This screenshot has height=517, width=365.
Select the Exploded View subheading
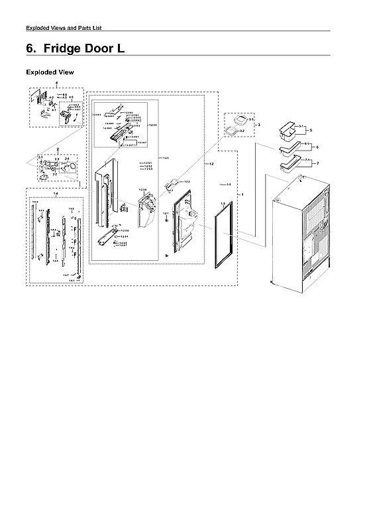[50, 72]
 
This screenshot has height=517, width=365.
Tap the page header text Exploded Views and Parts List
[63, 27]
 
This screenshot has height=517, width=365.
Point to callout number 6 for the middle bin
[317, 147]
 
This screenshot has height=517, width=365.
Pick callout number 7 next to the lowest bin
[317, 163]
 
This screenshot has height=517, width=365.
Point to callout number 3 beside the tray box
[258, 125]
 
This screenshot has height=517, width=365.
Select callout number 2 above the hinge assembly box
[58, 149]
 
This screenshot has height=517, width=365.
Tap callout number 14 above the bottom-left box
[56, 193]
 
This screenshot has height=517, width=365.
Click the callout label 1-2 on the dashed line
[211, 163]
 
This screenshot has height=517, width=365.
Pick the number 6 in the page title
[30, 49]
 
